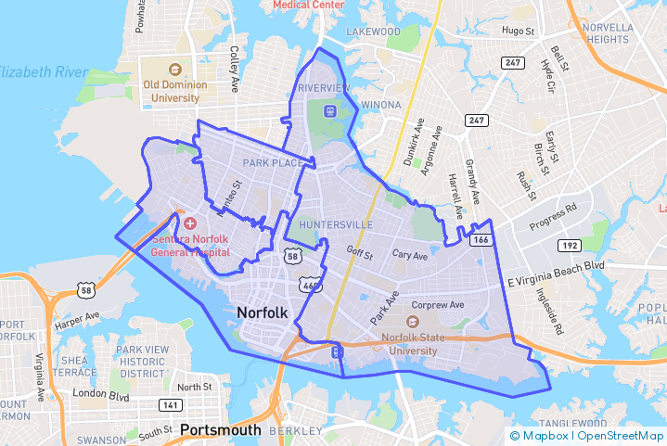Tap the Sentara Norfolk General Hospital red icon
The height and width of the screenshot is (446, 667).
click(x=190, y=223)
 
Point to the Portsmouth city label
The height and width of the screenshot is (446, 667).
click(x=221, y=429)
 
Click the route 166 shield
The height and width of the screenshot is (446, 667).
click(x=481, y=240)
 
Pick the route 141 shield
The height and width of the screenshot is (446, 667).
click(x=170, y=405)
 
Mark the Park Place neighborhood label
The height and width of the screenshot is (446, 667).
click(x=273, y=163)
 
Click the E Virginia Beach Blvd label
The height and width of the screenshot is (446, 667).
click(x=555, y=267)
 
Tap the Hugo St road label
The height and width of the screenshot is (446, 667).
click(x=519, y=31)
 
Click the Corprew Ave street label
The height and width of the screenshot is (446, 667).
click(x=438, y=304)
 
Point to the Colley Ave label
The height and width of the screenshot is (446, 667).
click(x=235, y=62)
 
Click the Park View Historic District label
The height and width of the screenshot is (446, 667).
click(x=141, y=361)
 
